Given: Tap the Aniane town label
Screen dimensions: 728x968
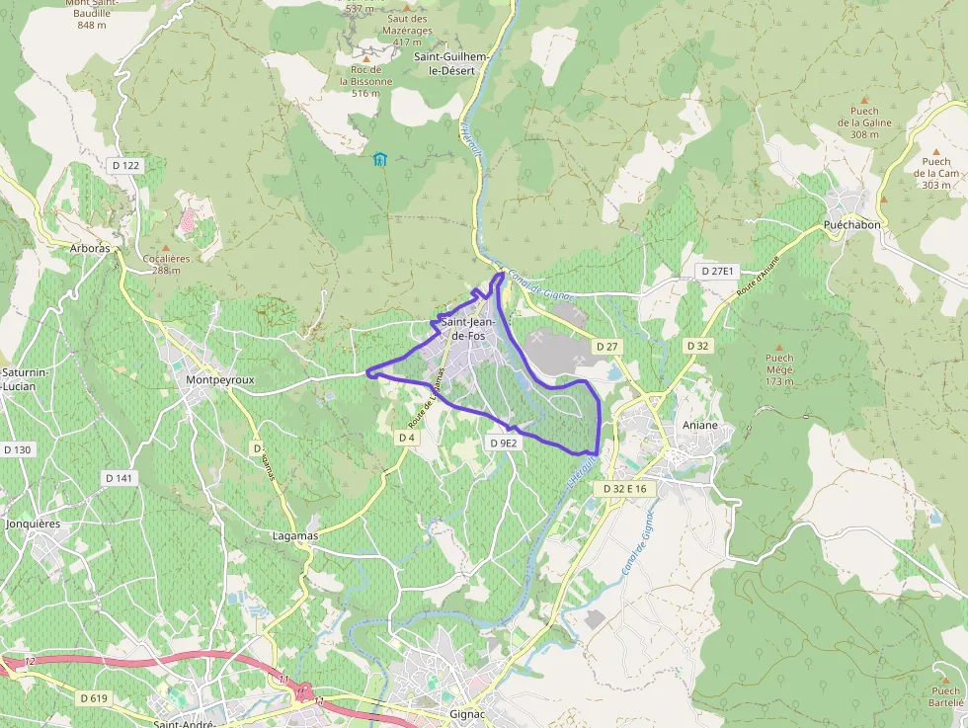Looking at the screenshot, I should coord(701,425).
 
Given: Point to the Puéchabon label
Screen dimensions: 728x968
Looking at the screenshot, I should coord(851,225).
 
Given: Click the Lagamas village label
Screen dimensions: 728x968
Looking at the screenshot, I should coord(294,534).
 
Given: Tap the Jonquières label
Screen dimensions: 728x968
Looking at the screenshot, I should coord(34,524).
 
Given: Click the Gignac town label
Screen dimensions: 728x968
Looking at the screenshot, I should coord(467,713).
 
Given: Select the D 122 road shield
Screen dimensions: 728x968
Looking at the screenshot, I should coord(125,166).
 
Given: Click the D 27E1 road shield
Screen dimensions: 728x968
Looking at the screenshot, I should coord(717,271).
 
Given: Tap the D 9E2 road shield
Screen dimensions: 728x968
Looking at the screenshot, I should coord(504,444).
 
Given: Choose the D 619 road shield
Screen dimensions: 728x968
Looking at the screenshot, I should coord(92,698).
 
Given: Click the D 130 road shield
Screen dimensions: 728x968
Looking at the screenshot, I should coord(18,449).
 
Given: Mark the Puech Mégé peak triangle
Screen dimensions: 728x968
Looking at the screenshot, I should coord(778,347).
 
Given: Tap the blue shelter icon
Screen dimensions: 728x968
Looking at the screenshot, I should coord(379,158).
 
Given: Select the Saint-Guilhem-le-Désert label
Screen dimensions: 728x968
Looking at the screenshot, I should coord(451,64).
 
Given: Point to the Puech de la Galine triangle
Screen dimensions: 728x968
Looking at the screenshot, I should coord(864,100).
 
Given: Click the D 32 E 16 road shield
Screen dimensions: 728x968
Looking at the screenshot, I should coord(625,489).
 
